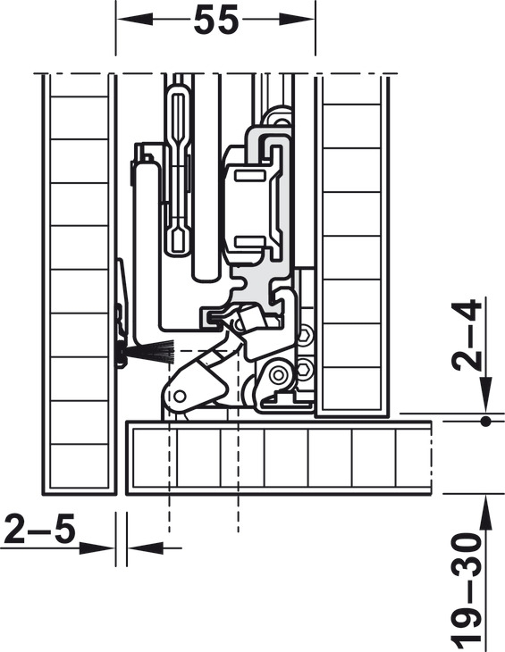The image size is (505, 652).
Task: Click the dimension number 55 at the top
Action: (x=216, y=20)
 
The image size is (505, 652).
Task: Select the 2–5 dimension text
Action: (x=39, y=529)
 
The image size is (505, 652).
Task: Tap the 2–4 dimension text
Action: (x=466, y=335)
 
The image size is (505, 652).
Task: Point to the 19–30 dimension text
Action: (x=467, y=591)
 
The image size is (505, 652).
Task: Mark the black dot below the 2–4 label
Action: (x=485, y=422)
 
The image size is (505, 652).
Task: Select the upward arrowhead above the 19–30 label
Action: (x=485, y=513)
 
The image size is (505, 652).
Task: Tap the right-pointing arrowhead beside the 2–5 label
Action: (x=97, y=548)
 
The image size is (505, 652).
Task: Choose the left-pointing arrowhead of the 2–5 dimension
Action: (x=145, y=548)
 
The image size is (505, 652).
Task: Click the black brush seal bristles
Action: (x=150, y=351)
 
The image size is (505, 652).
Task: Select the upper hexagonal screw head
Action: (x=306, y=336)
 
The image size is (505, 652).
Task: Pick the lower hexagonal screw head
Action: (x=306, y=368)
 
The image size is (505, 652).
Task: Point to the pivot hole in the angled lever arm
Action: (x=180, y=396)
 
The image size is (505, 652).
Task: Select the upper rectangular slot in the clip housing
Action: (x=250, y=175)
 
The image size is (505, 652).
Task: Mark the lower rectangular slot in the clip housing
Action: (x=250, y=241)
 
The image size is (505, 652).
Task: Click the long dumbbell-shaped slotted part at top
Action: (x=178, y=171)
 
